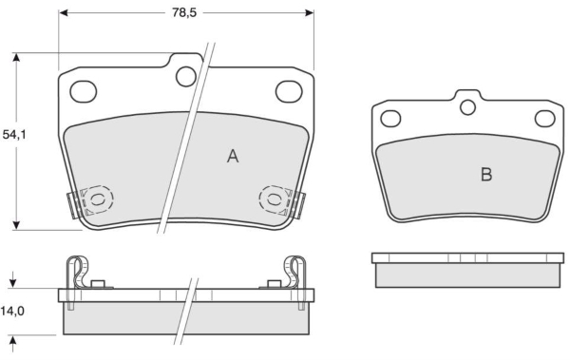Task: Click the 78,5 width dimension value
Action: tap(184, 12)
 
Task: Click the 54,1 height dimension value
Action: tap(14, 135)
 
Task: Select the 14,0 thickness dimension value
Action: tap(12, 311)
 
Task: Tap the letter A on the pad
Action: tap(233, 157)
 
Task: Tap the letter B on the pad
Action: tap(486, 175)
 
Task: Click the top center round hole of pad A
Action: tap(186, 76)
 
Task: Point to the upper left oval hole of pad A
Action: tap(84, 91)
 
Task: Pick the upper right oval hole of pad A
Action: tap(289, 91)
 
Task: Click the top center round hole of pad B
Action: tap(467, 107)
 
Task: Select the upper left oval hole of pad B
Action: tap(390, 119)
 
